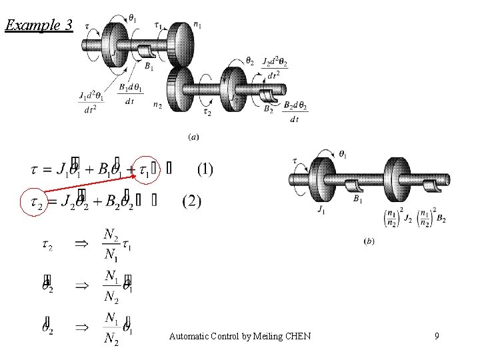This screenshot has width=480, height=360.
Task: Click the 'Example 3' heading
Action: [39, 26]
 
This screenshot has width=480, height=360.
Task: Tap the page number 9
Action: [436, 336]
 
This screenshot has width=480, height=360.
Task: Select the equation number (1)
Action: [205, 169]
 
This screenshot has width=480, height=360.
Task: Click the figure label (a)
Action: [193, 137]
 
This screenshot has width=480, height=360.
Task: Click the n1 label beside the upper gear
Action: [197, 25]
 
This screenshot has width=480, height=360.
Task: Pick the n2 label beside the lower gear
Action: [157, 105]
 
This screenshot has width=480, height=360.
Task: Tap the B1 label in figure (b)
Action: [357, 198]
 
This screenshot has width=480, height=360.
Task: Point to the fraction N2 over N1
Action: [111, 245]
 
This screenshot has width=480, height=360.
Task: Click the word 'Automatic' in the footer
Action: [189, 336]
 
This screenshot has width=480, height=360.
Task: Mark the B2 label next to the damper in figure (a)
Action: [268, 108]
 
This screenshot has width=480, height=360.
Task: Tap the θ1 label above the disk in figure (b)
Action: [342, 155]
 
